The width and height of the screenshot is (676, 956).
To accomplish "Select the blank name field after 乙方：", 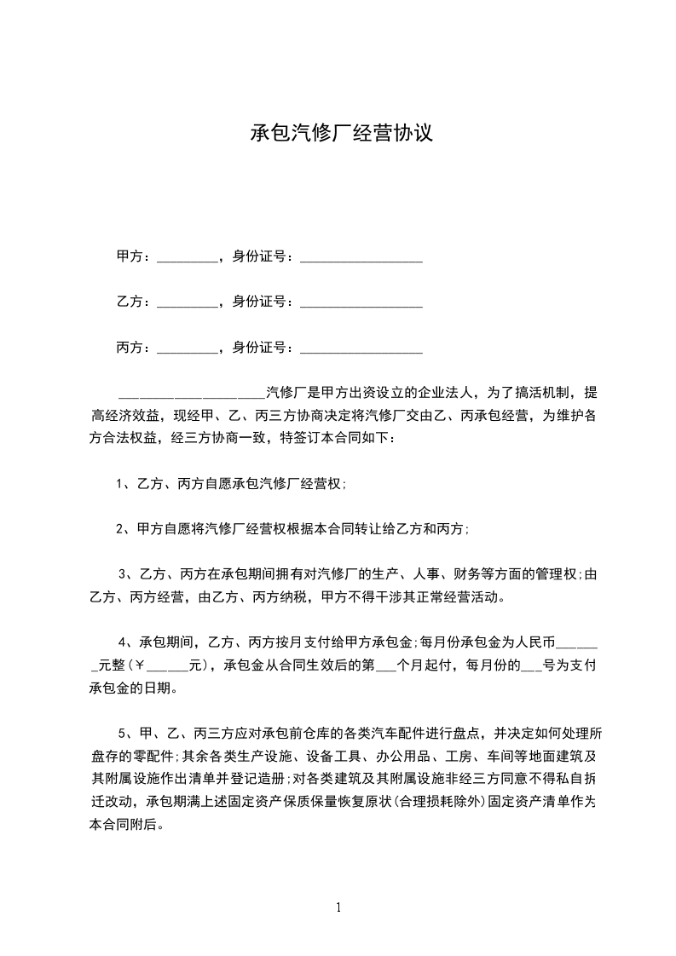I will tap(188, 302).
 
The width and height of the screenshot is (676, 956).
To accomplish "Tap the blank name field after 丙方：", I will tap(188, 348).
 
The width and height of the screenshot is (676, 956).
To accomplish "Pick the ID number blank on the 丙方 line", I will tap(361, 348).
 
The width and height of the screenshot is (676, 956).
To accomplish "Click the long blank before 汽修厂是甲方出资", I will tap(191, 394).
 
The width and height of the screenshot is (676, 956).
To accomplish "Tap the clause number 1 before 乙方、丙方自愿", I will tap(120, 484).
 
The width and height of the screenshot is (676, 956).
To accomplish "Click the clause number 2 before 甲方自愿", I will tap(120, 529).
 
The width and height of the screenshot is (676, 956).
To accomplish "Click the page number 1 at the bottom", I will tap(338, 907).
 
